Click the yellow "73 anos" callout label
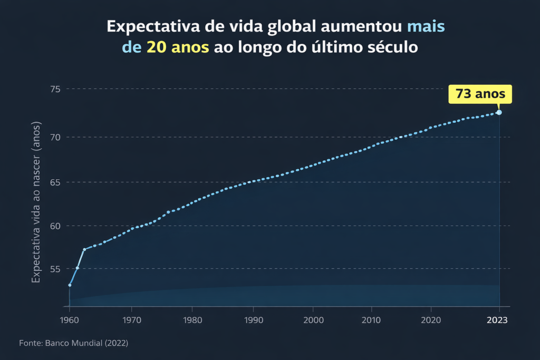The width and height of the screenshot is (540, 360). [480, 94]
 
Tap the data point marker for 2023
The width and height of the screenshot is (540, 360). [499, 112]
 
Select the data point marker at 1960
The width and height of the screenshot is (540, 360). [70, 285]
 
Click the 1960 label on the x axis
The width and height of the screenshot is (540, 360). [70, 320]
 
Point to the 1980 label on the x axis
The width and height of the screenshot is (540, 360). [192, 320]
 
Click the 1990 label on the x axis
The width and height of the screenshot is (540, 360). [253, 320]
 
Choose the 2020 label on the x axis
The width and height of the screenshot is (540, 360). [431, 320]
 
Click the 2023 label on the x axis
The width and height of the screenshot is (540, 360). [498, 320]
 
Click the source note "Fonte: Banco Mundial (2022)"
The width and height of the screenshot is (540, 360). [73, 343]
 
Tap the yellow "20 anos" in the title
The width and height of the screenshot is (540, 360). [178, 47]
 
